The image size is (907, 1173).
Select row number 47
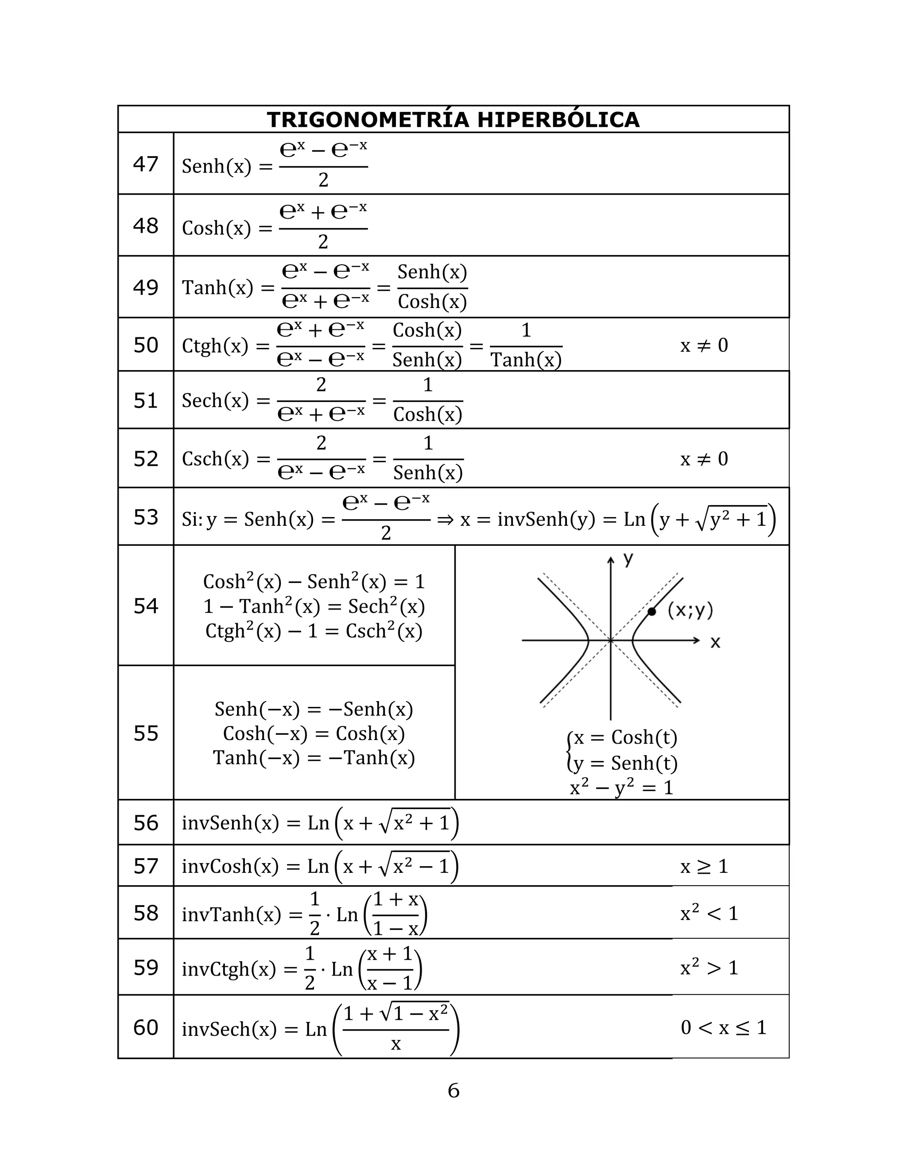[x=146, y=164]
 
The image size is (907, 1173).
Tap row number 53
[x=146, y=517]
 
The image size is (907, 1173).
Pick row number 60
[x=146, y=1027]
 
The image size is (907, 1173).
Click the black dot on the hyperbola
[x=652, y=611]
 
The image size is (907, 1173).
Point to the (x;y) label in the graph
[x=690, y=610]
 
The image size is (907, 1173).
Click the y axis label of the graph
[x=628, y=559]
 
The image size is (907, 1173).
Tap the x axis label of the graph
[x=715, y=642]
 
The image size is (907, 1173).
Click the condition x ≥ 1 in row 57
[x=704, y=866]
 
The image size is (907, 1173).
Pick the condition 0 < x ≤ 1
[x=723, y=1027]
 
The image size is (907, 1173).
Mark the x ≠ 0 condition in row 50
[x=704, y=345]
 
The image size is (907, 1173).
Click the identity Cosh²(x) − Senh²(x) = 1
[x=314, y=582]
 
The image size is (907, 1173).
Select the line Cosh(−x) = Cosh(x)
[x=314, y=733]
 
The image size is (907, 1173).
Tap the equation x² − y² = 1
[x=621, y=787]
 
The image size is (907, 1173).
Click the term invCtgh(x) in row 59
[x=229, y=969]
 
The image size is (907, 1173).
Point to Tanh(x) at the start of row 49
[x=217, y=288]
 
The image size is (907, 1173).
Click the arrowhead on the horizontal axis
[x=697, y=640]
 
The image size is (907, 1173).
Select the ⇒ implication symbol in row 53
[x=445, y=519]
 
